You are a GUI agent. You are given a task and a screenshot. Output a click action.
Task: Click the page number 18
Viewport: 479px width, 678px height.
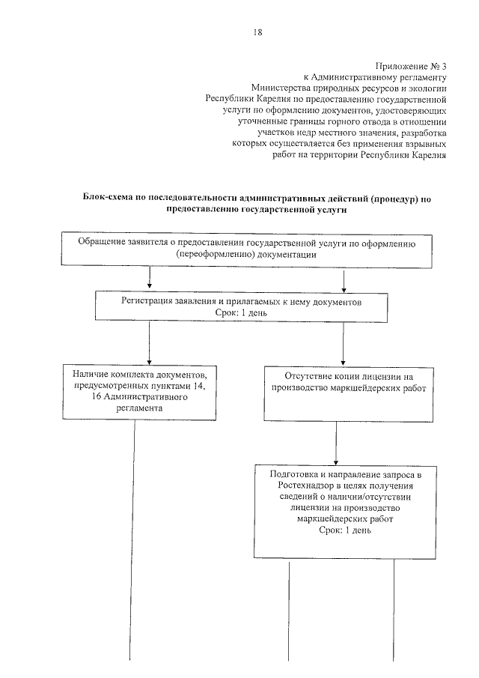[257, 31]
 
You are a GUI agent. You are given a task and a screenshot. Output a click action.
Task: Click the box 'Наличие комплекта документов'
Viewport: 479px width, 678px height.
[135, 391]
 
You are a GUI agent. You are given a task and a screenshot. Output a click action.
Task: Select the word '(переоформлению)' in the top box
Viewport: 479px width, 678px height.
[212, 255]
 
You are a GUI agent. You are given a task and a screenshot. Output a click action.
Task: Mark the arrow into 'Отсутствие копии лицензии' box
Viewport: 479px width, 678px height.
[344, 356]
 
